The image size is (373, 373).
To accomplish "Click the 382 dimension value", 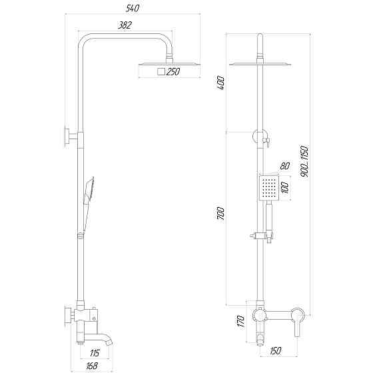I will pos(125,25).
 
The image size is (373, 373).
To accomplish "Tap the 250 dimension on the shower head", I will pos(173,72).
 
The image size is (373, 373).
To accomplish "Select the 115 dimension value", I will pos(95,353).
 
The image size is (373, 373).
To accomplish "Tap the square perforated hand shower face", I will pos(268,188).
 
